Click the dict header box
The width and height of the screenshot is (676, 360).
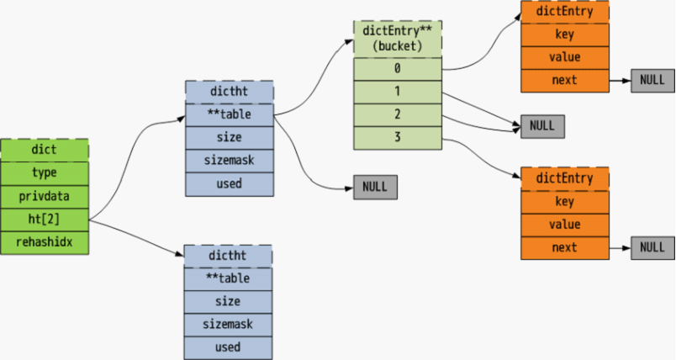tap(45, 150)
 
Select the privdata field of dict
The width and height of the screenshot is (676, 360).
tap(45, 197)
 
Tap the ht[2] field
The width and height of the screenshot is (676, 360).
tap(45, 220)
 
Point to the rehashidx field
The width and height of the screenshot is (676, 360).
tap(45, 243)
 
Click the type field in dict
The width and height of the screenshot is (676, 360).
tap(45, 173)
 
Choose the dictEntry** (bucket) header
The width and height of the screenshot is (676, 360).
tap(398, 39)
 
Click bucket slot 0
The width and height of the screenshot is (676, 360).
tap(398, 69)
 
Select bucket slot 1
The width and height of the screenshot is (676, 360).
tap(398, 92)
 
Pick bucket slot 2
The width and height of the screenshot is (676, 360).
tap(398, 115)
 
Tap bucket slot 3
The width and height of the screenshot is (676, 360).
tap(398, 138)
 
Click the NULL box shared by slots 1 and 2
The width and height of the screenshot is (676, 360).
tap(542, 126)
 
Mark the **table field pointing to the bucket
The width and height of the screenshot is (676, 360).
tap(230, 115)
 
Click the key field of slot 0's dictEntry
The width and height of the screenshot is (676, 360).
tap(565, 35)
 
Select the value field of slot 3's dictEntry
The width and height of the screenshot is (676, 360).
tap(565, 225)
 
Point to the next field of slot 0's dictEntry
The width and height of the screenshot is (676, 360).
tap(565, 81)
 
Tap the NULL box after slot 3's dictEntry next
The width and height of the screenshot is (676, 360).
tap(652, 248)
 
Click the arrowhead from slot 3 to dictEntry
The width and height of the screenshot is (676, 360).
tap(516, 176)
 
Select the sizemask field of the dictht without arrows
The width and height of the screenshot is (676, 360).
tap(228, 325)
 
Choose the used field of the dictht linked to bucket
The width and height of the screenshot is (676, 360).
tap(230, 184)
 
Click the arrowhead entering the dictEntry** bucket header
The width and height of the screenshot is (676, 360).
tap(350, 41)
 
